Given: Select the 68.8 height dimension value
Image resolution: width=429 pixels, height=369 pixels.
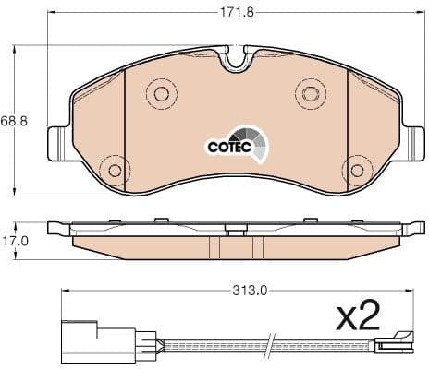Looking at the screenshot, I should tap(12, 121).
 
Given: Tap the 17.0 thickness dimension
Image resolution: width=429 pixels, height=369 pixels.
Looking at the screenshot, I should tap(14, 240).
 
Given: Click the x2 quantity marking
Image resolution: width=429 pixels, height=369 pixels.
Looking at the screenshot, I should tap(358, 318).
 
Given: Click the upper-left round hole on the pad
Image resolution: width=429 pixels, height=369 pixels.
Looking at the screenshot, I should tap(161, 93).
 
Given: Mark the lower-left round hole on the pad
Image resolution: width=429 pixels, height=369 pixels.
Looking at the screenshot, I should tap(115, 170).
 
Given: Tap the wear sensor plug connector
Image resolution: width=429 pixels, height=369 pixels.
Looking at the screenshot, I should tap(80, 337).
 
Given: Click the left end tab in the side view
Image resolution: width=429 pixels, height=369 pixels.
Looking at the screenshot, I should tap(57, 227).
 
